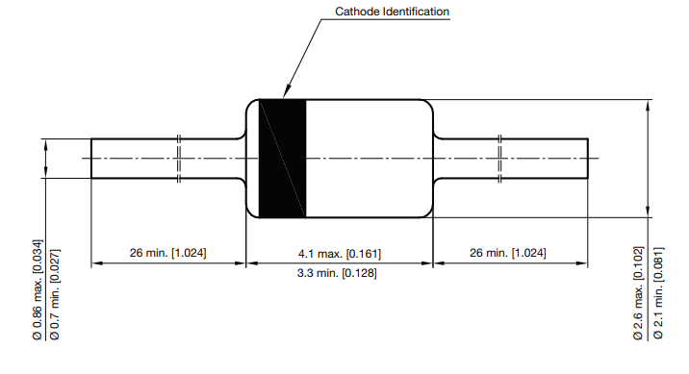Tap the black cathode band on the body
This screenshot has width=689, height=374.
[x=283, y=158]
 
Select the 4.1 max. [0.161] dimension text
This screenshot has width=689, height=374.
[x=340, y=253]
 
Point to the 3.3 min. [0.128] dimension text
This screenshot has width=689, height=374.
[x=340, y=273]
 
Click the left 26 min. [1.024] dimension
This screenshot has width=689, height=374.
[x=168, y=253]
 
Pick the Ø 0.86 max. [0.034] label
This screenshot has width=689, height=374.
[x=38, y=288]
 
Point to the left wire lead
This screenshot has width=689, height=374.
[x=135, y=158]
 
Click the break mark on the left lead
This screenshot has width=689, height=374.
[x=180, y=158]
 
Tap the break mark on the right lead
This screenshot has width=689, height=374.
[x=500, y=158]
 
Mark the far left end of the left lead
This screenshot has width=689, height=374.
[x=92, y=158]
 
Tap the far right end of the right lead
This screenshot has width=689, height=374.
[x=587, y=158]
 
